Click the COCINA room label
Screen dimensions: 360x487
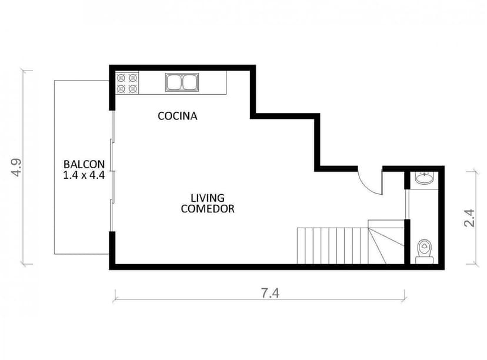(x=177, y=116)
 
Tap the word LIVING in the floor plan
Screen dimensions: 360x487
(x=207, y=198)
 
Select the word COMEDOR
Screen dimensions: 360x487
(x=208, y=209)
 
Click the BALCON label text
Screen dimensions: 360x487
(x=84, y=164)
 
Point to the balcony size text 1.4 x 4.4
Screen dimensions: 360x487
(x=84, y=175)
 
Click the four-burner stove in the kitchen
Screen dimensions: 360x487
(x=127, y=82)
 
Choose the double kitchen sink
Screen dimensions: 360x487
(x=181, y=82)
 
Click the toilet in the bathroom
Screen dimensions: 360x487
(x=424, y=251)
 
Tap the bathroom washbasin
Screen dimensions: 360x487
(x=423, y=178)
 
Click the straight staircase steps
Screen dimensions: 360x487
(x=332, y=246)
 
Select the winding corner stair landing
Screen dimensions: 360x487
(x=386, y=241)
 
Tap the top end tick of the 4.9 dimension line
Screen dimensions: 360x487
(x=24, y=70)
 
